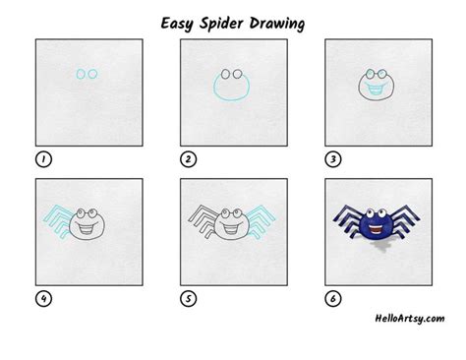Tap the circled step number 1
click(42, 157)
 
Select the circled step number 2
click(187, 157)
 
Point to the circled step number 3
click(332, 157)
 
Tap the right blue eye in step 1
click(93, 74)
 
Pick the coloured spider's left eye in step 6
click(369, 211)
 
